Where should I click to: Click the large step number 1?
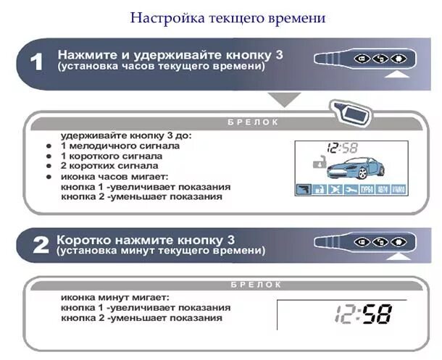tap(37, 62)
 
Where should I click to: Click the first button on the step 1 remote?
tap(361, 59)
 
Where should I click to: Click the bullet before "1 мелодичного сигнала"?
tap(49, 146)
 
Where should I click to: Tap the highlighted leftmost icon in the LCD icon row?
tap(304, 190)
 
